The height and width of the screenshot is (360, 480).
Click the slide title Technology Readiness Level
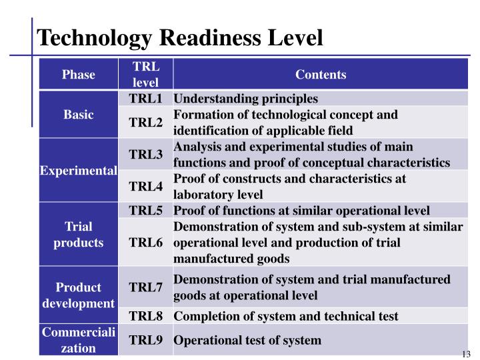click(180, 37)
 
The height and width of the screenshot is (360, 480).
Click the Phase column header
click(79, 75)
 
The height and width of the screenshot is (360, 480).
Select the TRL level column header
click(146, 75)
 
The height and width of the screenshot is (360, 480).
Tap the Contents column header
click(321, 75)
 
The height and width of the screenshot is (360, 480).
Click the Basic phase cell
click(79, 115)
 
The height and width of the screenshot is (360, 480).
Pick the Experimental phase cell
click(79, 171)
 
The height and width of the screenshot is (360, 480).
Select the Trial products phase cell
click(79, 235)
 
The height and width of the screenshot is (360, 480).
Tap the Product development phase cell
click(79, 295)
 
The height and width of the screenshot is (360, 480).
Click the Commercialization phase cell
click(79, 340)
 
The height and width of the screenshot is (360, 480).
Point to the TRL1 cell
click(146, 99)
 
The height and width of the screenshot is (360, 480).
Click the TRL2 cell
click(146, 123)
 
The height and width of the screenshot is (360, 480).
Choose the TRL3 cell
click(146, 155)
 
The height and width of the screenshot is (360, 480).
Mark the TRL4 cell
click(146, 187)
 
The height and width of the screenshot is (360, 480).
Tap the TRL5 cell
click(146, 211)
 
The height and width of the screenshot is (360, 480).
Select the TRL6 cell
click(146, 243)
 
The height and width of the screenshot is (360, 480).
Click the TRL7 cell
click(146, 288)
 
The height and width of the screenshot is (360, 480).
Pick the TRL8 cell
click(146, 316)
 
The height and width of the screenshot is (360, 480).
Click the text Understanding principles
click(246, 99)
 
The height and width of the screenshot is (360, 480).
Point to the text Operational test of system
click(247, 341)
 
